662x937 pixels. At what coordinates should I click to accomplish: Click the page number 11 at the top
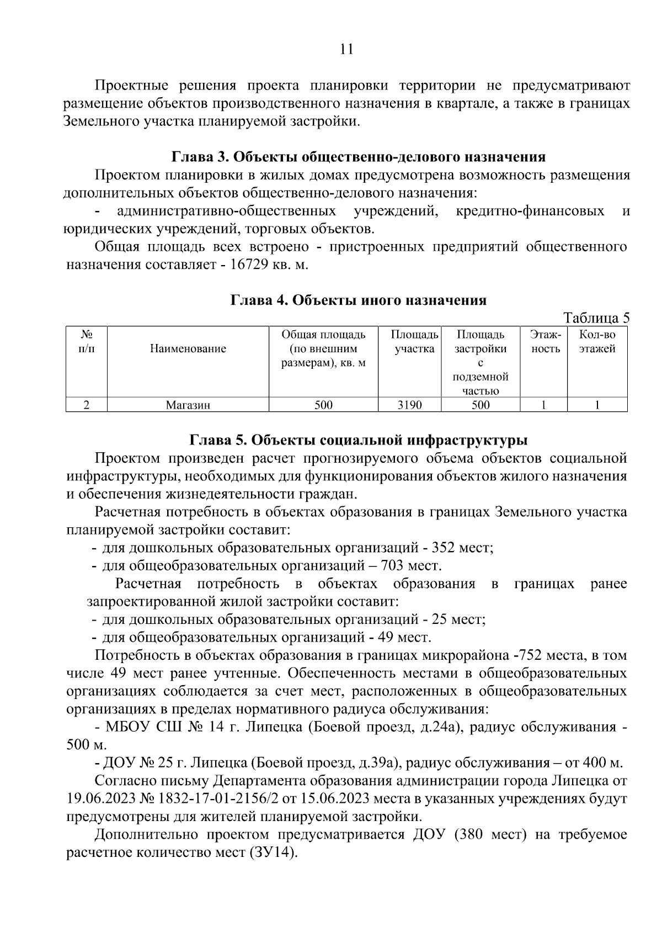click(x=346, y=49)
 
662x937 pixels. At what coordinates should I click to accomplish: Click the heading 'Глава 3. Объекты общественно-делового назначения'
click(x=359, y=157)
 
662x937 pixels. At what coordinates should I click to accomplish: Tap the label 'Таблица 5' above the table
click(x=596, y=318)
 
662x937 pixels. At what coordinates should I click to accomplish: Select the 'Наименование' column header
click(x=188, y=349)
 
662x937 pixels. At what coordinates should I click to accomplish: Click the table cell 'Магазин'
click(x=188, y=405)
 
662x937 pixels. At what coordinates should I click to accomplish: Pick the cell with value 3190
click(x=409, y=405)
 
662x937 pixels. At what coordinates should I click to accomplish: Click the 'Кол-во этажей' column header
click(x=597, y=342)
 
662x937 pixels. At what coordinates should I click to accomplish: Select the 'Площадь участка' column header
click(x=415, y=342)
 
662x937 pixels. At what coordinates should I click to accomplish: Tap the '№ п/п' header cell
click(x=86, y=342)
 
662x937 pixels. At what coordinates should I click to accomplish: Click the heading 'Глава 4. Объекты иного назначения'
click(x=359, y=300)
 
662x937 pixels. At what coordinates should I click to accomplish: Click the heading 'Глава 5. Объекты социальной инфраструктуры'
click(x=359, y=441)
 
